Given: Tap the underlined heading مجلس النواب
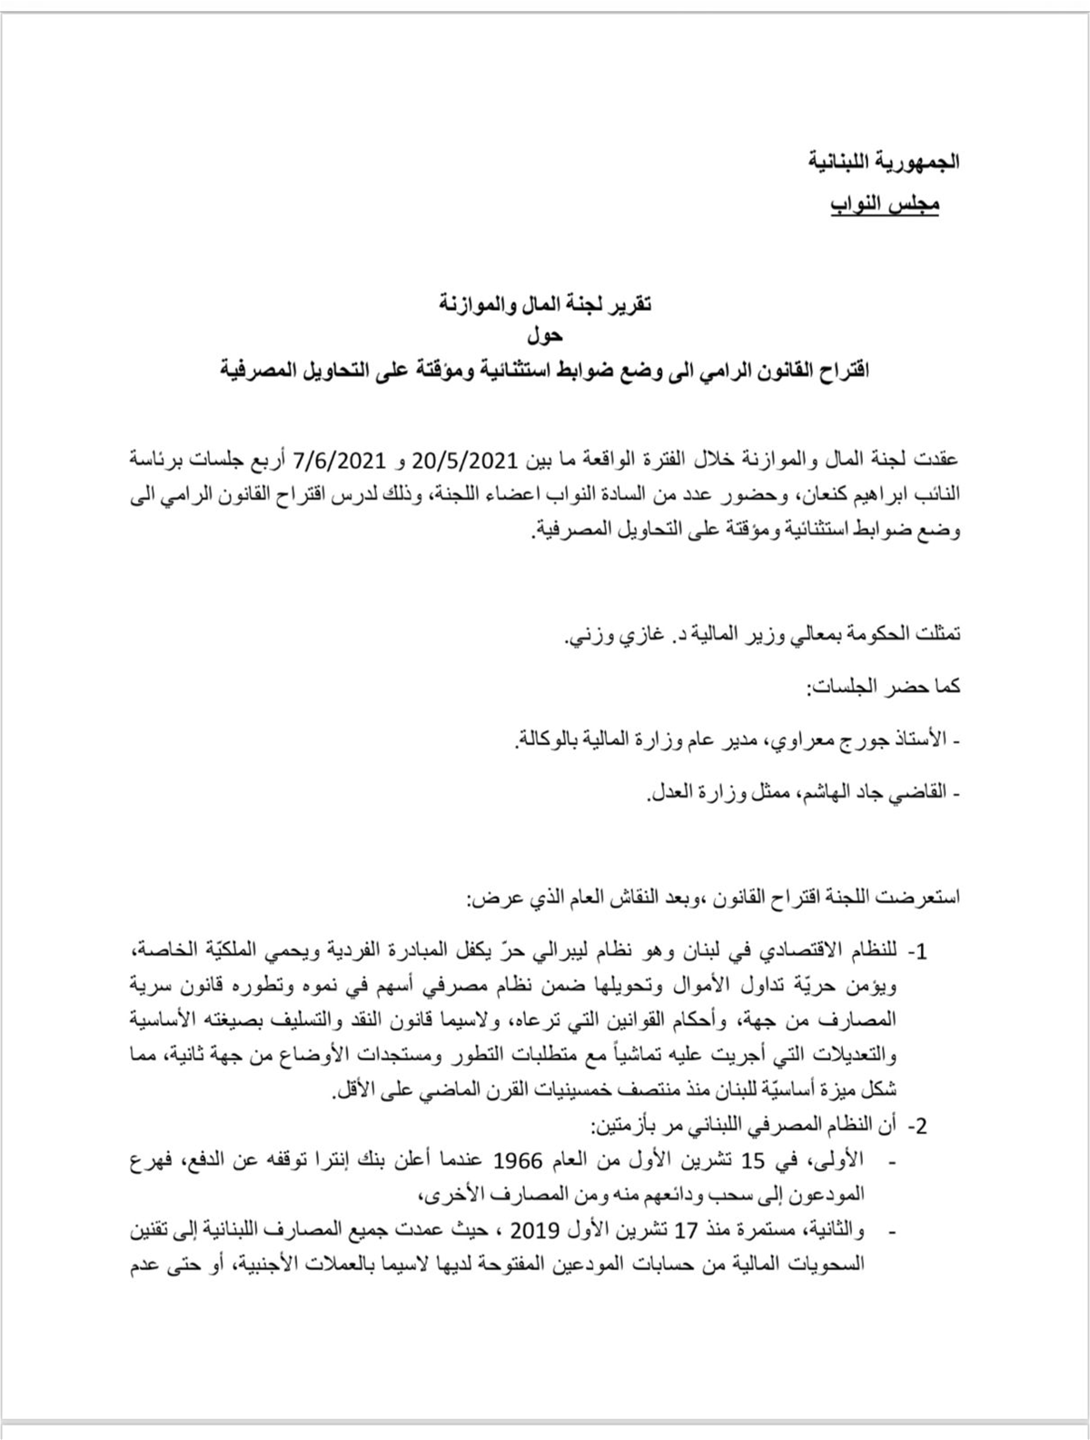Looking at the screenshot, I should click(887, 204).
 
